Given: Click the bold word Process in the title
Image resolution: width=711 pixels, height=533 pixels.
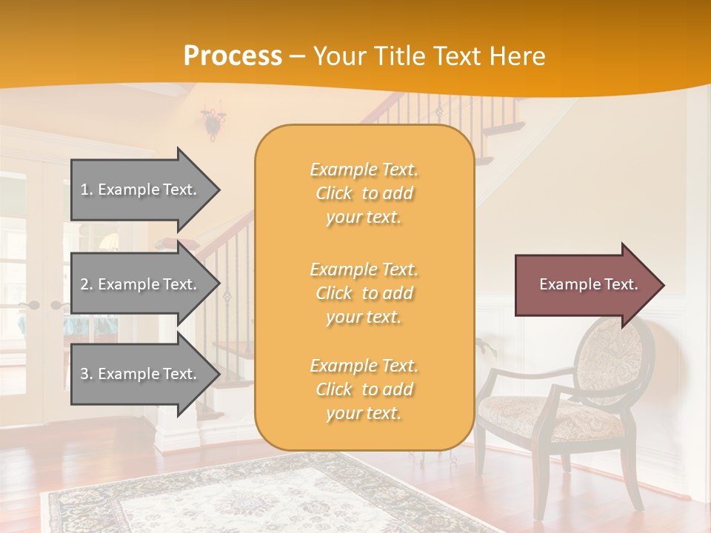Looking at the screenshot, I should pos(233,56).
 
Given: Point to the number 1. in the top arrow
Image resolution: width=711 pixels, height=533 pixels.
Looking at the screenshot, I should pos(87,190).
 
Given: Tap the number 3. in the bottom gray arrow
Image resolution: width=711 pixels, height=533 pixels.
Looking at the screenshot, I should pos(87,374).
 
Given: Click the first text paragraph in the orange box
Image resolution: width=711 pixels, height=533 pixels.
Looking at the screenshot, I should pos(364,193).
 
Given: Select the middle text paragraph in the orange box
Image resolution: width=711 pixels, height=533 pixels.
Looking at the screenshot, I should pos(364,293).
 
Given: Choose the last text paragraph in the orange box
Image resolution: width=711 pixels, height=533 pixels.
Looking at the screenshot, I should pos(364,389).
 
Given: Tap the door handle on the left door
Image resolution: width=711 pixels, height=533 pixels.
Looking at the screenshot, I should pos(33,305).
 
